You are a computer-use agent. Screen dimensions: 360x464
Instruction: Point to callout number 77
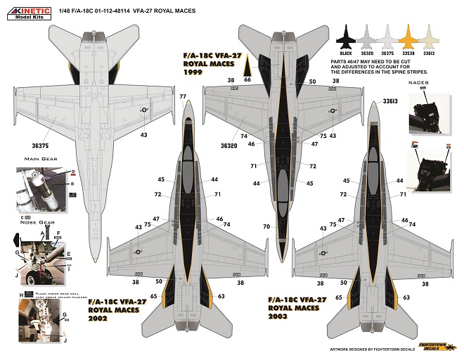[183, 96]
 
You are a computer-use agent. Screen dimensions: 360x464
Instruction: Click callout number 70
[266, 227]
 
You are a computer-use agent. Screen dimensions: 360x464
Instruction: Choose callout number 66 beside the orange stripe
[247, 81]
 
